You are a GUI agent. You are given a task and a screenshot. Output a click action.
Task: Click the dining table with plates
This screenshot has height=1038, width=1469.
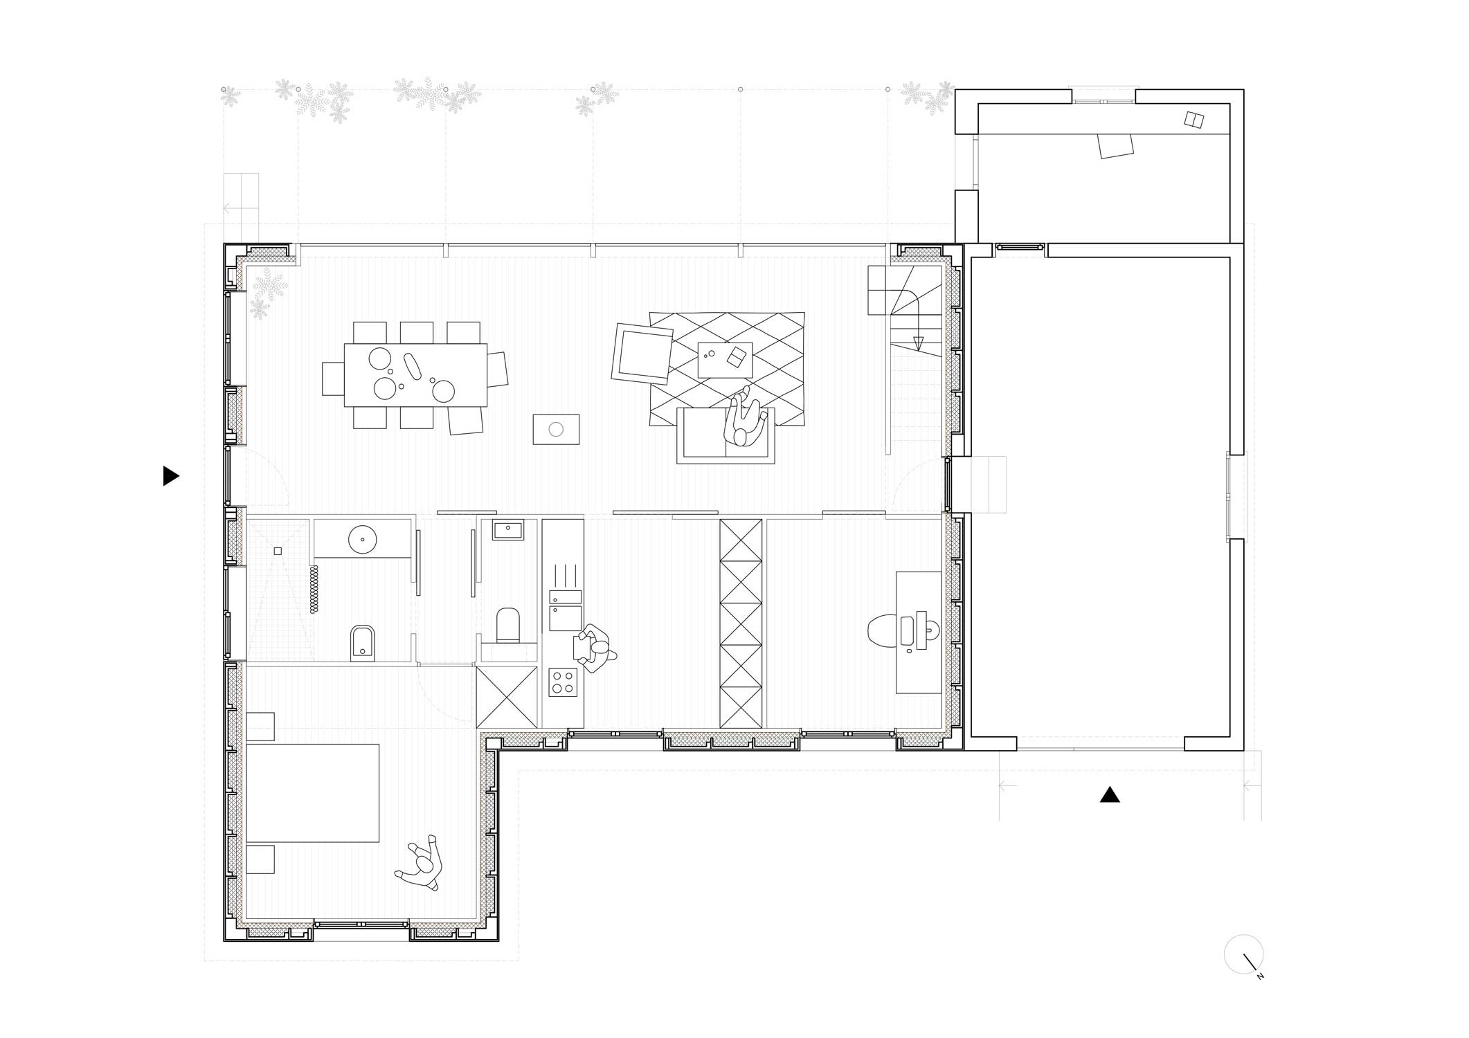[x=415, y=375]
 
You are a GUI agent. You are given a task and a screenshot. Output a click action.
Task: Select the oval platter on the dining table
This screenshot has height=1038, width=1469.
[x=414, y=366]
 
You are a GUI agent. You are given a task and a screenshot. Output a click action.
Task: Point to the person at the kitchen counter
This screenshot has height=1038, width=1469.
[x=594, y=648]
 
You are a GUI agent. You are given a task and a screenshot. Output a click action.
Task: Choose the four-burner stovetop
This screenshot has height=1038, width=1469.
[x=563, y=682]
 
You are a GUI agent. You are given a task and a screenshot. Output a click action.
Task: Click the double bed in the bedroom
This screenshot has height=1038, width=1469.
[x=312, y=792]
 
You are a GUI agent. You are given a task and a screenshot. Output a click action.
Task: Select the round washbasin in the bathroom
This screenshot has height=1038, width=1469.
[x=362, y=539]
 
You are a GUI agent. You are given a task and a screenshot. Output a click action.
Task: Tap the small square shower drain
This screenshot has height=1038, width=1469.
[x=278, y=551]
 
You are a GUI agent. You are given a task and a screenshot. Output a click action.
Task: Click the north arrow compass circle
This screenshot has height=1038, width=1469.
[x=1243, y=955]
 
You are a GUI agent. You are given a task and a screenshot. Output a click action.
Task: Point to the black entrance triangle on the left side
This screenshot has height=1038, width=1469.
[x=170, y=476]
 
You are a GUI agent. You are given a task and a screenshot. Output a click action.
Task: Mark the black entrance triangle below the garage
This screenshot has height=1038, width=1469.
[x=1110, y=794]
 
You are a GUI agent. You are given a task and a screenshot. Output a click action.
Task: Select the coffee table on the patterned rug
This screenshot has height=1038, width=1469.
[x=725, y=360]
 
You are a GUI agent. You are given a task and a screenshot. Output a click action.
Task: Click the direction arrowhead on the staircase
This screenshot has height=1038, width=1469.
[x=919, y=343]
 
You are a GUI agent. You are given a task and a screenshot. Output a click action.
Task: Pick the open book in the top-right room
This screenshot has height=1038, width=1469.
[x=1194, y=120]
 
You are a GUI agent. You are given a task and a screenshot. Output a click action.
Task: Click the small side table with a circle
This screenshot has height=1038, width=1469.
[x=556, y=429]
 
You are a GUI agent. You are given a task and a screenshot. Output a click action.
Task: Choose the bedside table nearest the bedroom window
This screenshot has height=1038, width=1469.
[x=260, y=859]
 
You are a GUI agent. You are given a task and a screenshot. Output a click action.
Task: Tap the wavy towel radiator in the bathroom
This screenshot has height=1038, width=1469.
[x=314, y=589]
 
